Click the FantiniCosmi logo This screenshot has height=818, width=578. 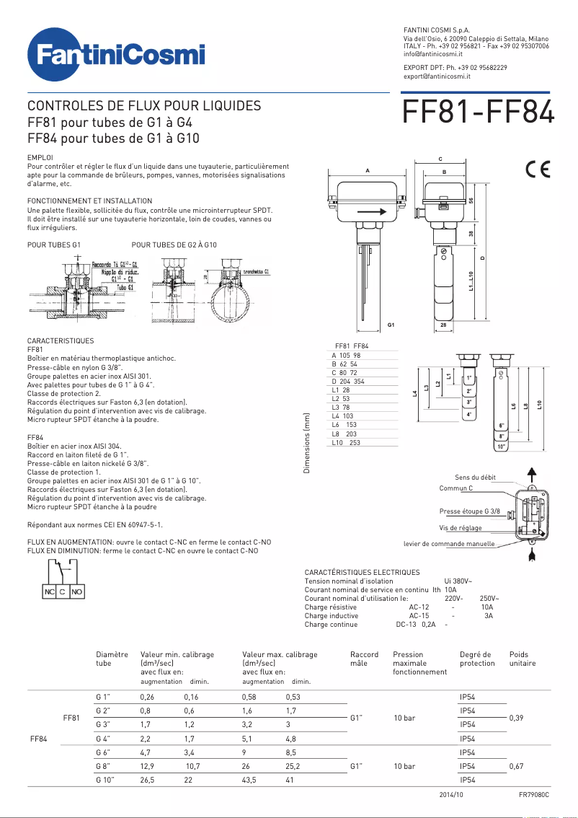(115, 56)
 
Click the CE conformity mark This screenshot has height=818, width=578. (538, 170)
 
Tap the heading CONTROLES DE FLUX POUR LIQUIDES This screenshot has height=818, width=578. (144, 105)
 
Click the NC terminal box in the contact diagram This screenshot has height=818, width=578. (49, 591)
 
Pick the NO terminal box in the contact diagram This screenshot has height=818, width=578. (77, 591)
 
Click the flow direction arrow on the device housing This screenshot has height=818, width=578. (371, 212)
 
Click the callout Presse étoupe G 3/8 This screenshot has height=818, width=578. (470, 511)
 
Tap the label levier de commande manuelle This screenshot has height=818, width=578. (449, 544)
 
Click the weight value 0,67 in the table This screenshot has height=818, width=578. (516, 766)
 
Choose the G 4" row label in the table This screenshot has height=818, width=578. (103, 739)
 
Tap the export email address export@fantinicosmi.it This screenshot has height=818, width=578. (437, 76)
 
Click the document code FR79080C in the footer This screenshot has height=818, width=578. (533, 794)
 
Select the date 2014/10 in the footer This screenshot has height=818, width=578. (452, 794)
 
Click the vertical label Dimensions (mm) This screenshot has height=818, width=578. (306, 444)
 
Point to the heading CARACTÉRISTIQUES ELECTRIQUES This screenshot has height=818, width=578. (362, 572)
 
